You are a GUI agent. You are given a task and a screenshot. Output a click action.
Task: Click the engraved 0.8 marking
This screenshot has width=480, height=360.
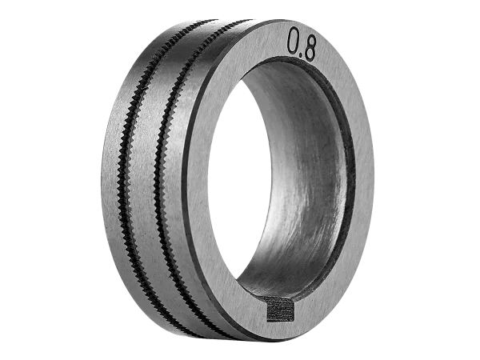(x=302, y=44)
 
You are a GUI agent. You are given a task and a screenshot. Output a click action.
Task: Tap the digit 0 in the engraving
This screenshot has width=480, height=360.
(x=294, y=40)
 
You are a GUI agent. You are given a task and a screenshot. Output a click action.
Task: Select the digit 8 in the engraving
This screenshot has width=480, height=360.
(x=310, y=48)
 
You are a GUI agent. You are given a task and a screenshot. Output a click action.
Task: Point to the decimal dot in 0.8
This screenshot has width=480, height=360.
(x=301, y=55)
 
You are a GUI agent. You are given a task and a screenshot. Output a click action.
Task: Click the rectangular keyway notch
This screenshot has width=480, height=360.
(x=281, y=310)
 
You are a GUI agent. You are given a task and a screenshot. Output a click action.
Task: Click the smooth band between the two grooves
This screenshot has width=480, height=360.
(x=147, y=184)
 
